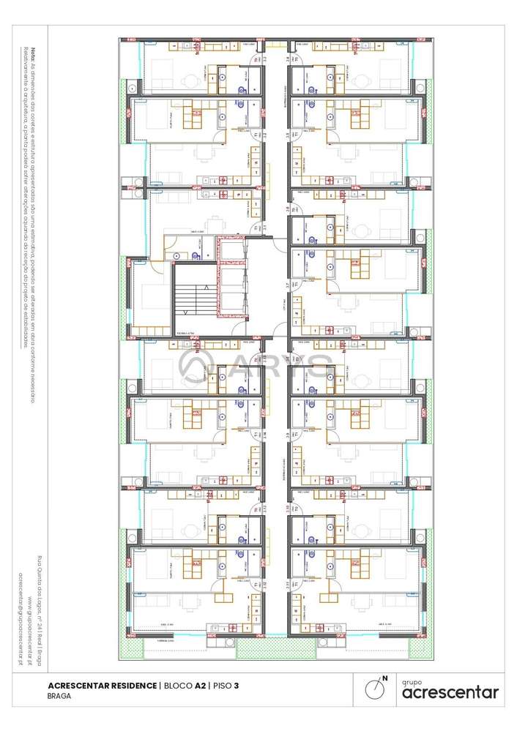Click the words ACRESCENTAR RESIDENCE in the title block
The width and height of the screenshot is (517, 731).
102,685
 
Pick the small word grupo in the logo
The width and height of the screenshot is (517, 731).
412,680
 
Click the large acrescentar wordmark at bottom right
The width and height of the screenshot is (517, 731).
450,692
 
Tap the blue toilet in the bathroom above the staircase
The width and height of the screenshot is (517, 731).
179,256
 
